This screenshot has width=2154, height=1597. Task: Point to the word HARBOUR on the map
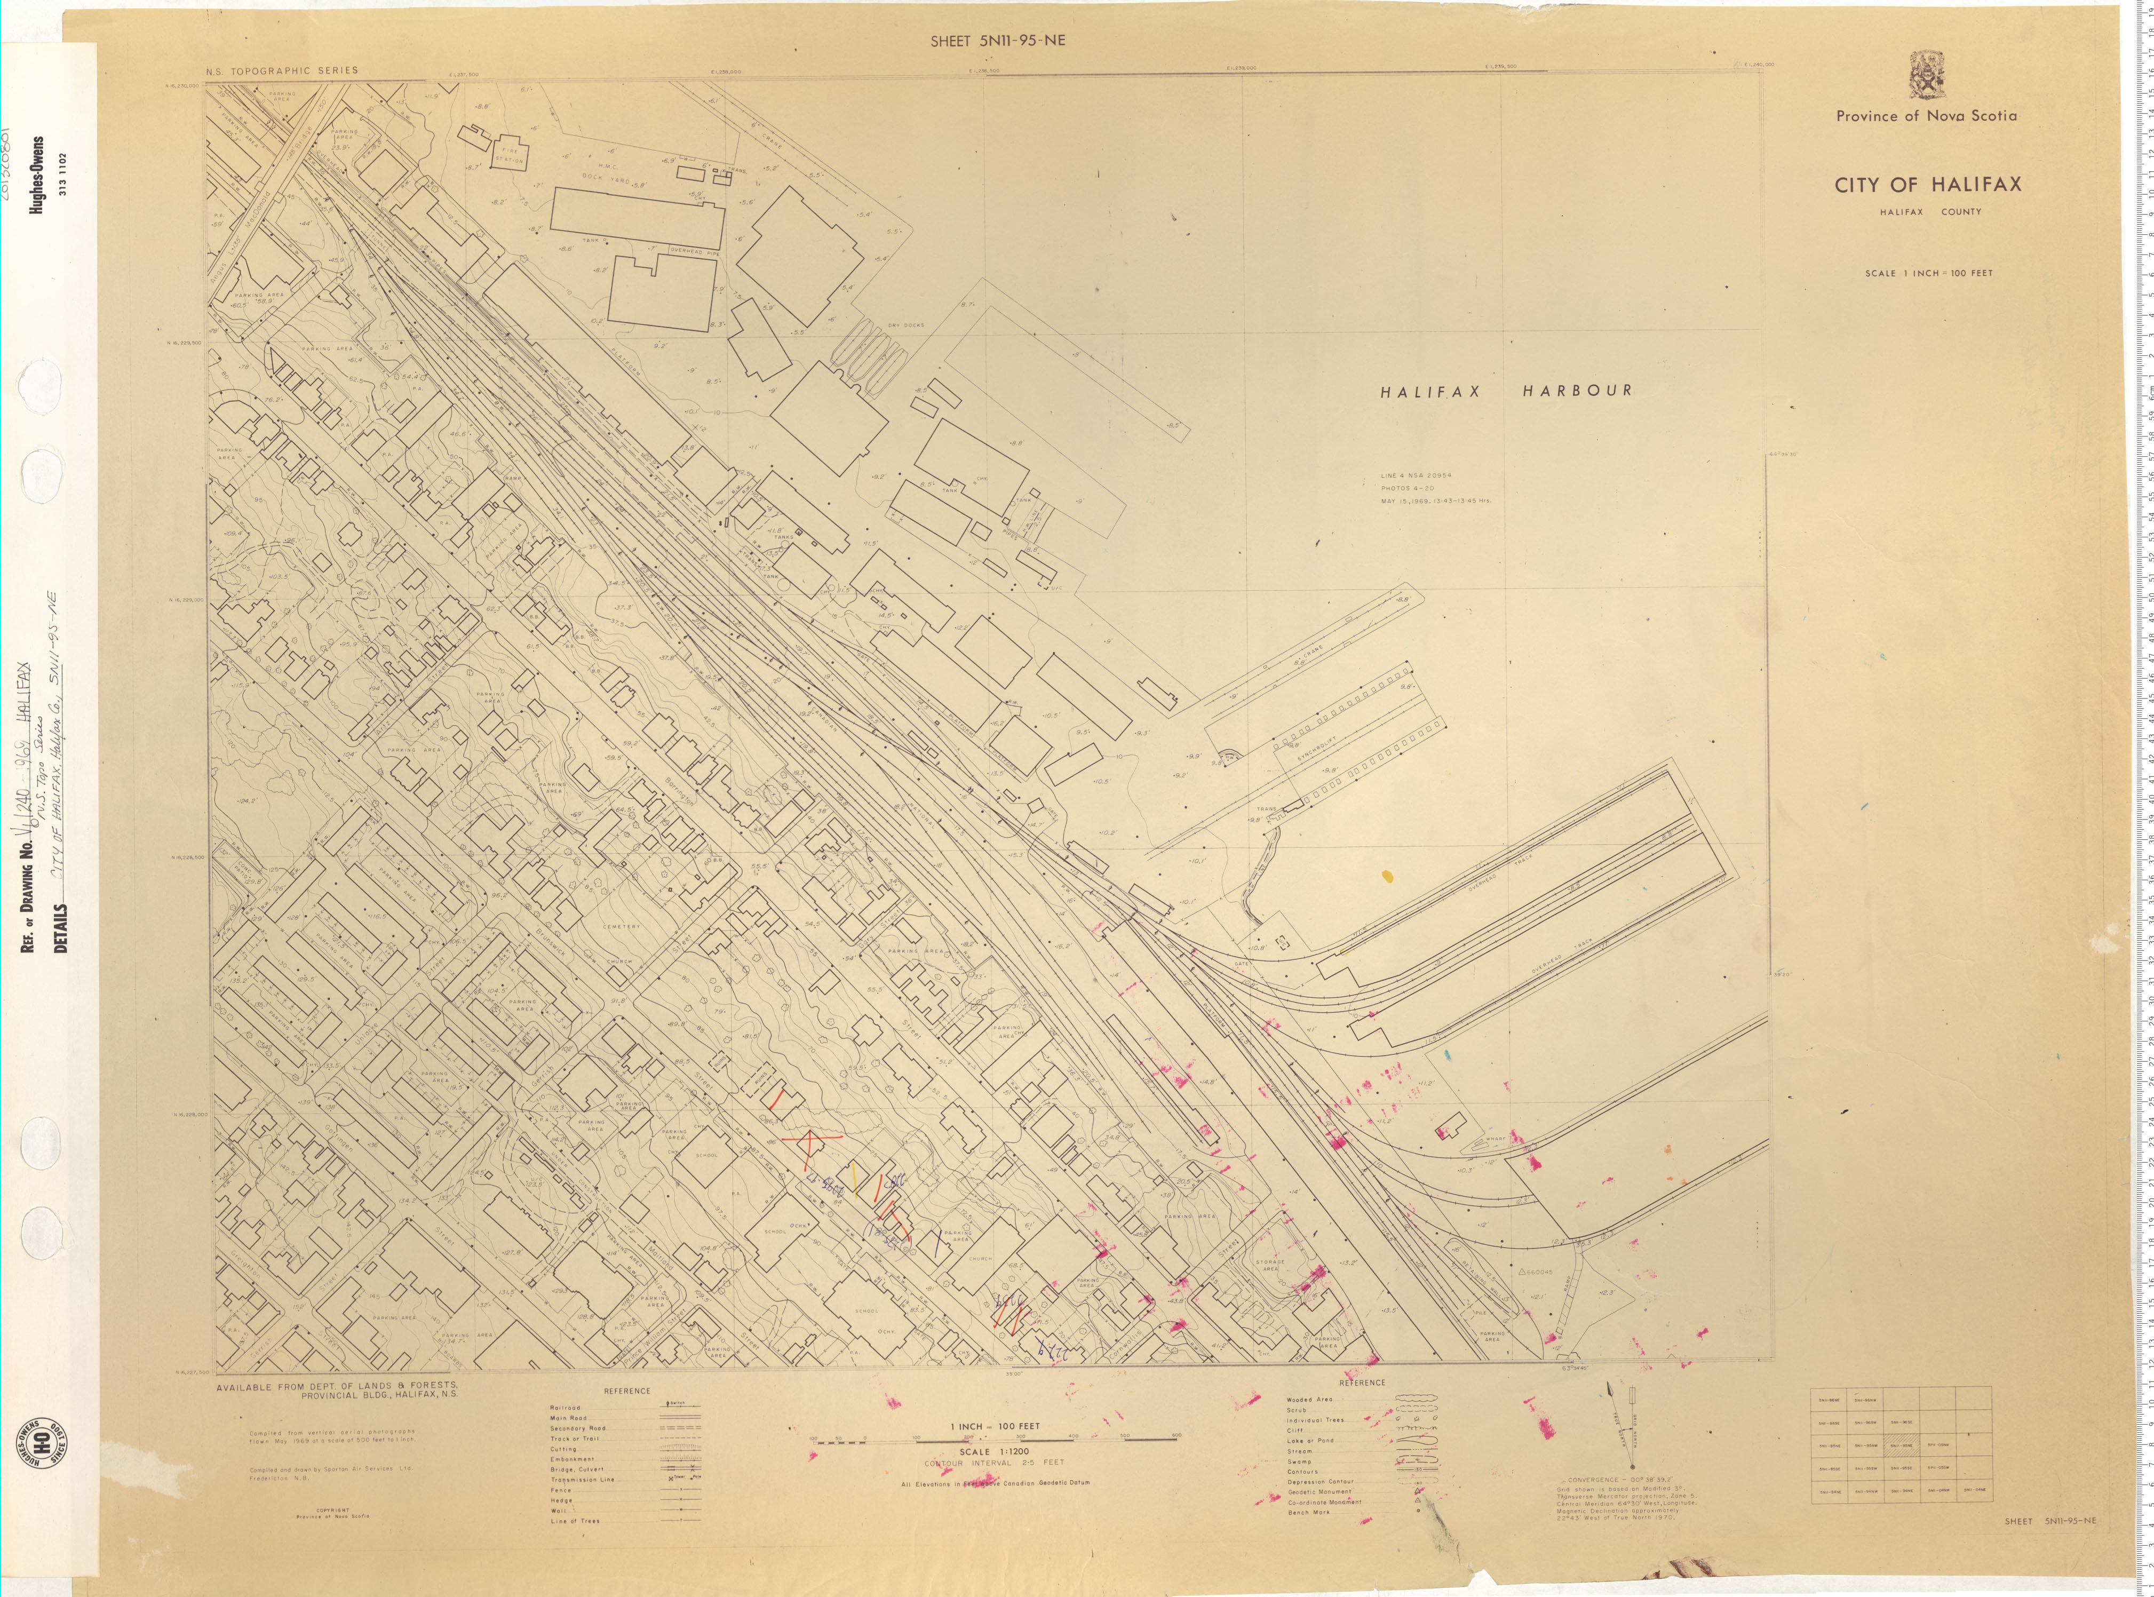coord(1577,391)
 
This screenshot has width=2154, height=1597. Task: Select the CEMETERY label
coord(621,926)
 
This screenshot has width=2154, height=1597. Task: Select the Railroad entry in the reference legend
coord(566,1408)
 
